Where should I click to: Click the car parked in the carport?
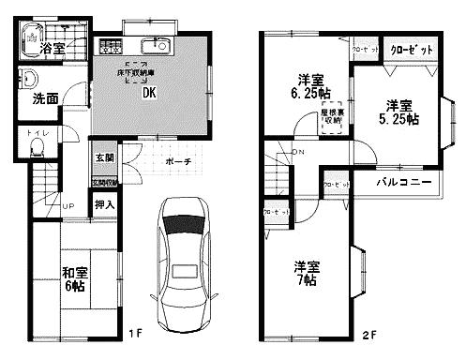tap(184, 259)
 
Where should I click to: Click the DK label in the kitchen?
tap(149, 93)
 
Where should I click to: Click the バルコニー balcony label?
tap(405, 180)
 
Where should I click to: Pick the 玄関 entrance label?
tap(103, 157)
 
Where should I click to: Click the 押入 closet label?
tap(103, 203)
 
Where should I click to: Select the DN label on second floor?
tap(298, 152)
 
